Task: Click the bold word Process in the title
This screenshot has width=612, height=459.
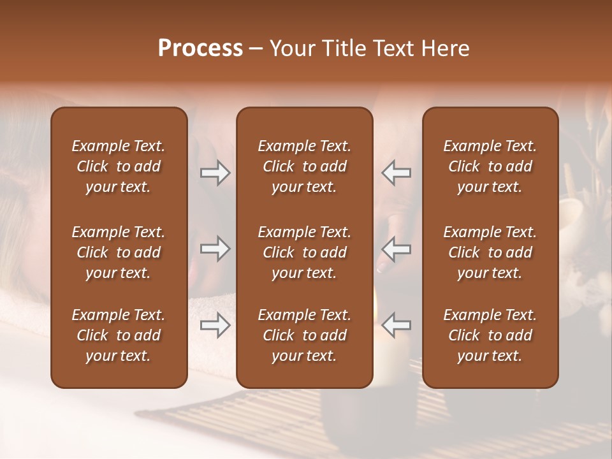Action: coord(200,48)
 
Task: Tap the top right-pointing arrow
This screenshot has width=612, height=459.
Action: coord(215,173)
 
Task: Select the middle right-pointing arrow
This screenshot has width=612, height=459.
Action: coord(215,249)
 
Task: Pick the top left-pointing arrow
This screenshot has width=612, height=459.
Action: coord(396,173)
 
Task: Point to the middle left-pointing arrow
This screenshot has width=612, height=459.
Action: coord(396,249)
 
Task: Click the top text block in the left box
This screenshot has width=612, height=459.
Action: coord(119,166)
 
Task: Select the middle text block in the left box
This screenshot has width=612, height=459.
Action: coord(119,252)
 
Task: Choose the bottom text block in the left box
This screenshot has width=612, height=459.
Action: coord(119,335)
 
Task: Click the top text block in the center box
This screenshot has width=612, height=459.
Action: coord(304,166)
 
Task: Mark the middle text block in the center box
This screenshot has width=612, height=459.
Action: coord(304,252)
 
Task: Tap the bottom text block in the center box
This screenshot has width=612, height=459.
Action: coord(304,335)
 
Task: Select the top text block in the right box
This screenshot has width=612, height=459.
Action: coord(490,166)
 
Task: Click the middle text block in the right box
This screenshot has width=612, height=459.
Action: coord(490,252)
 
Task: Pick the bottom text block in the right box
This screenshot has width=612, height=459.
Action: coord(490,335)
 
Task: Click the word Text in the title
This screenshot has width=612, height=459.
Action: coord(395,48)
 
